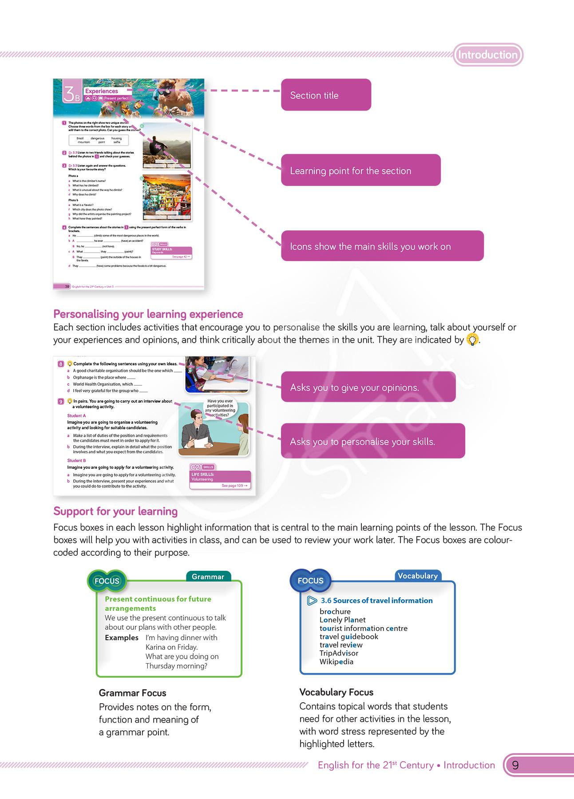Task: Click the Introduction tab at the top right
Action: pyautogui.click(x=488, y=55)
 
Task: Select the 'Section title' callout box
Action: pyautogui.click(x=326, y=95)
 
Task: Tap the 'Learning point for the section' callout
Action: pyautogui.click(x=360, y=170)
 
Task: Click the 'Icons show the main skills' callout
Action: pyautogui.click(x=382, y=246)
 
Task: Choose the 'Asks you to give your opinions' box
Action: pyautogui.click(x=368, y=387)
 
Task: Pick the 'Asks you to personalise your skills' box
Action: pyautogui.click(x=372, y=441)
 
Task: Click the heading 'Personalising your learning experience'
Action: pyautogui.click(x=148, y=314)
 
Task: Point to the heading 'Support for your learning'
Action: pyautogui.click(x=115, y=511)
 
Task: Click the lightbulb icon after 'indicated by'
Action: pyautogui.click(x=473, y=340)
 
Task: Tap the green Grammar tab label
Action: pyautogui.click(x=208, y=577)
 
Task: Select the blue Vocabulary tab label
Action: pyautogui.click(x=417, y=576)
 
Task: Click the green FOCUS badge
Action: pyautogui.click(x=107, y=581)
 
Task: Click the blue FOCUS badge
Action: pyautogui.click(x=310, y=580)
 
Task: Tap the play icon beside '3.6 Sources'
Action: pyautogui.click(x=312, y=601)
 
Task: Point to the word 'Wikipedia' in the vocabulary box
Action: pyautogui.click(x=336, y=661)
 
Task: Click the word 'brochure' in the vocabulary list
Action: pyautogui.click(x=335, y=611)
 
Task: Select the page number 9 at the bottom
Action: pyautogui.click(x=515, y=765)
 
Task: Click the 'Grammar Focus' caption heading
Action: pyautogui.click(x=132, y=693)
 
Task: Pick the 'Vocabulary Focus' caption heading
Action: pyautogui.click(x=336, y=692)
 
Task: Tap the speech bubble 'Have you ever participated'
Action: pyautogui.click(x=220, y=408)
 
